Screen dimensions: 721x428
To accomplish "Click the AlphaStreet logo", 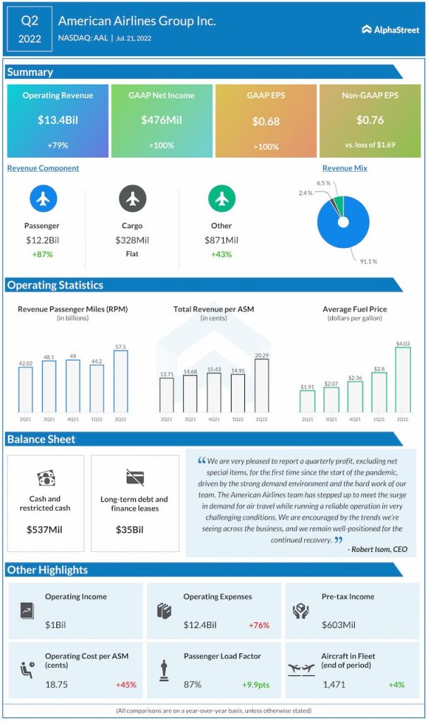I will coord(390,29).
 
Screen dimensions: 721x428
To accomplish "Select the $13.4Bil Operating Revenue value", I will coord(58,120).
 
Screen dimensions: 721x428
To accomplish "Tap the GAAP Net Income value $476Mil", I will coord(161,120).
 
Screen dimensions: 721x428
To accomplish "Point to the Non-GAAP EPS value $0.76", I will coord(370,120).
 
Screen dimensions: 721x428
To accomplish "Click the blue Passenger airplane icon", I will coord(43,199).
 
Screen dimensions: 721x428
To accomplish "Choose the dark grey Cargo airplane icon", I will coord(132,199).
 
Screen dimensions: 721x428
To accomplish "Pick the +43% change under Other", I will coord(222,253).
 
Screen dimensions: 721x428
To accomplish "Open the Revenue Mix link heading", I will coord(345,168).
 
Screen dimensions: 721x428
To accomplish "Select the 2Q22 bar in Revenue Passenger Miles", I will coord(121,382).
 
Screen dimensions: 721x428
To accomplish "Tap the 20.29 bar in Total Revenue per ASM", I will coord(261,386).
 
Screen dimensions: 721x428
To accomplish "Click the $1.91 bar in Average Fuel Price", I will coord(307,401).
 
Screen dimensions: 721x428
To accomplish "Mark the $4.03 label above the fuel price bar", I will coord(402,343).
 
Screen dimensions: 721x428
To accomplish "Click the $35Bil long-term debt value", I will coord(134,529).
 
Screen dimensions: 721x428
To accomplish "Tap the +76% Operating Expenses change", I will coord(259,625).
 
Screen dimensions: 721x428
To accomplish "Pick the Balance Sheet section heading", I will coord(41,439).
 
